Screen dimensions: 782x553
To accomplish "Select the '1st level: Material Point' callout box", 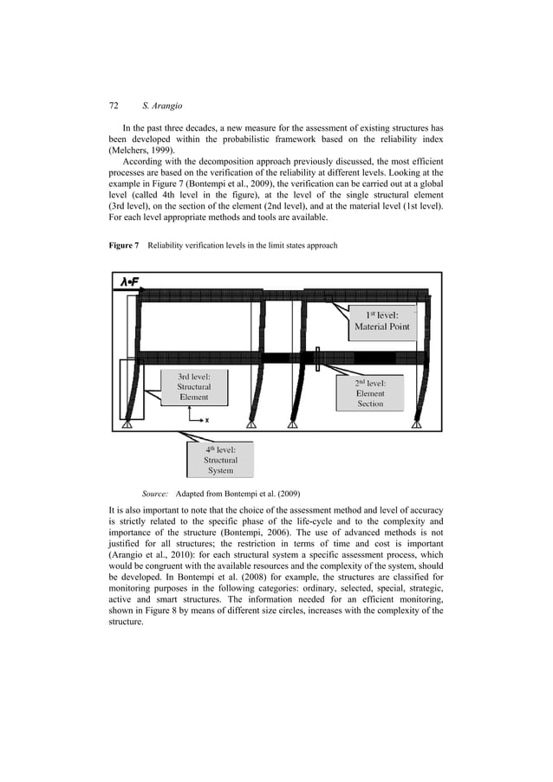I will pos(382,321).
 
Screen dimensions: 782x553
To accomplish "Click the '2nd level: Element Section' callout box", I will pos(370,392).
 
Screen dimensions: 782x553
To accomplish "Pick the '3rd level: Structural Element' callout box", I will pos(194,387).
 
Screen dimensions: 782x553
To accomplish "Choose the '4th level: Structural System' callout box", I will pos(220,460).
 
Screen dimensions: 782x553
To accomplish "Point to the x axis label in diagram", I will pos(206,420).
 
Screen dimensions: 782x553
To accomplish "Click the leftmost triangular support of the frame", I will pos(127,423).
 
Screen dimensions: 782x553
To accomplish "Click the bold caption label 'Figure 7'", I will pos(124,246).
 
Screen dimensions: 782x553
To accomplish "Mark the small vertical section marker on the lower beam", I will pos(319,359).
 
